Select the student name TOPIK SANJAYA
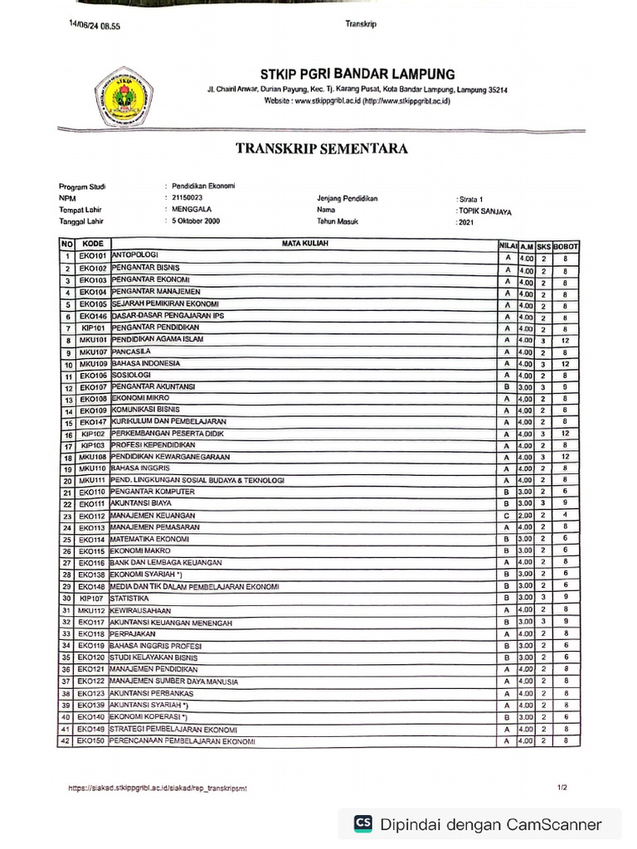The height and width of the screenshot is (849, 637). [485, 211]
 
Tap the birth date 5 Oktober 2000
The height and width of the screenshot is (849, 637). [196, 222]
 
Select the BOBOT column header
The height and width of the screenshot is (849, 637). [566, 246]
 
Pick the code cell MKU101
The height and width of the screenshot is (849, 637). [93, 340]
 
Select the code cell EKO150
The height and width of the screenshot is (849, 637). [91, 740]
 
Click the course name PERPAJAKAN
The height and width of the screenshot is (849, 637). [135, 633]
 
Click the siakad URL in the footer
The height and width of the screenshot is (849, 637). [157, 788]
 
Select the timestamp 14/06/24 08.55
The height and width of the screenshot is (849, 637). [95, 26]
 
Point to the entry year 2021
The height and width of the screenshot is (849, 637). [467, 223]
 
